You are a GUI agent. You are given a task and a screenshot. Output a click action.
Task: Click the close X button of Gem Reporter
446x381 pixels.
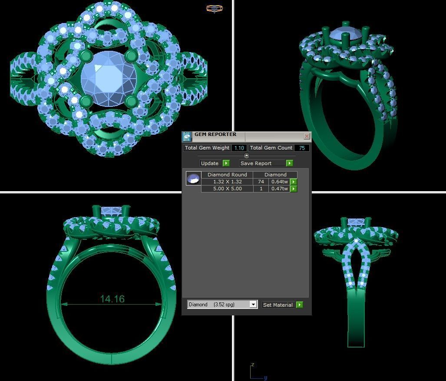coord(307,136)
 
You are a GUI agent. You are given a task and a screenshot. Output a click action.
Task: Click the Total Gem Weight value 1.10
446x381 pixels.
coord(239,148)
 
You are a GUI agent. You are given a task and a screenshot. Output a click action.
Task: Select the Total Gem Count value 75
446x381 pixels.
coord(302,148)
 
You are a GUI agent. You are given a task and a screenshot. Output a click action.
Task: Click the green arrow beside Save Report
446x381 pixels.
coord(290,163)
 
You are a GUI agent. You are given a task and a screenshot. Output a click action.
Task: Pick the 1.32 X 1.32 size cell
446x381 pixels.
coord(227,182)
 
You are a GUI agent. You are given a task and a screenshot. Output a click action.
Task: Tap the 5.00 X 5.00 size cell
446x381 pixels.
coord(227,189)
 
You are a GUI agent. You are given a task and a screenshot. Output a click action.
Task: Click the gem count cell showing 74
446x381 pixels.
coord(261,182)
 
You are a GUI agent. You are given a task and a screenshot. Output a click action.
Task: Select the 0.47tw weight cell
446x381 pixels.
coord(279,189)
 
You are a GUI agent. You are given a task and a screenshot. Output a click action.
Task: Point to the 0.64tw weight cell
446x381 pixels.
coord(279,182)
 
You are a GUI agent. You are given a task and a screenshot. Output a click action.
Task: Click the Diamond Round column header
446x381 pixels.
coord(227,175)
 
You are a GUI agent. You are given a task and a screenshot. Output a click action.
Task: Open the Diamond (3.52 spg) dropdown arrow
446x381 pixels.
coord(253,305)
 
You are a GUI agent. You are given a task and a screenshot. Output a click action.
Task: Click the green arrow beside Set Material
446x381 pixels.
coord(300,305)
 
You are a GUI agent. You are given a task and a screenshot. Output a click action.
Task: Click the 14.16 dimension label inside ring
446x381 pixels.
coord(112,299)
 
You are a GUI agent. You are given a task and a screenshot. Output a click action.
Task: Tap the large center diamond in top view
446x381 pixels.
coord(109,78)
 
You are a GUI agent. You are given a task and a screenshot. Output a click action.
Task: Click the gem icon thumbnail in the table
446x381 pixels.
coord(193,178)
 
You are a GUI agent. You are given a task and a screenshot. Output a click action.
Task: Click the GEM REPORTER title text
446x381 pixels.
coord(215,135)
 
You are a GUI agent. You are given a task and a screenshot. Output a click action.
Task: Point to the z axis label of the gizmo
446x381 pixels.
coord(253,365)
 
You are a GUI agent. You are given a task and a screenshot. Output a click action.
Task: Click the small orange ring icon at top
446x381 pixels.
coord(215,8)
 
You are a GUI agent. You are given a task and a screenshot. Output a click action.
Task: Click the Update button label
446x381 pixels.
coord(210,163)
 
